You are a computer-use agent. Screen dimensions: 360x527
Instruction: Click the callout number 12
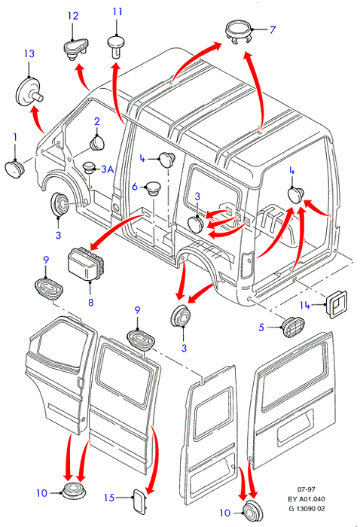pos(73,16)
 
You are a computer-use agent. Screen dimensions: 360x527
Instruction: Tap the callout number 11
pos(117,12)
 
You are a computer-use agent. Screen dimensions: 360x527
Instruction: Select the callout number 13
pos(29,53)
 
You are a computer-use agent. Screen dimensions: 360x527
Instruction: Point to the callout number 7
pos(273,30)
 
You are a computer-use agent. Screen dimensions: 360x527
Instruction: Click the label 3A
pos(108,169)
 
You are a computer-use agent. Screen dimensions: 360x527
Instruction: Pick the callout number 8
pos(91,302)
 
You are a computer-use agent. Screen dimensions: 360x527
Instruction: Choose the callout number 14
pos(304,305)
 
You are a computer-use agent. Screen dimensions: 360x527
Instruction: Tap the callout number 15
pos(109,498)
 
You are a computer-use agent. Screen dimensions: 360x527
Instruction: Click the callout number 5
pos(261,327)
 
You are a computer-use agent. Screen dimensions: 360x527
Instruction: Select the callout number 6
pos(135,187)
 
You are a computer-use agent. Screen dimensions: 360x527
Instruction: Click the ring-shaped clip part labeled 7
pos(238,32)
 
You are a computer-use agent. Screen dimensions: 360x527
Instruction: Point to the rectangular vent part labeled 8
pos(87,263)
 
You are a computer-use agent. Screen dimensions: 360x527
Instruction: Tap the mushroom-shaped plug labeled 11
pos(116,47)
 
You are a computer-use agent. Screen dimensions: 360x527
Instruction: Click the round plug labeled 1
pos(14,169)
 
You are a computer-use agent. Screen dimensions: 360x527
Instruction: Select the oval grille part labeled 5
pos(293,326)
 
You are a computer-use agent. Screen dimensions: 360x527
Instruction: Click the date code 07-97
pos(306,489)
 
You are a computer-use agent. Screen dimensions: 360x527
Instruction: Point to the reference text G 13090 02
pos(307,509)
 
